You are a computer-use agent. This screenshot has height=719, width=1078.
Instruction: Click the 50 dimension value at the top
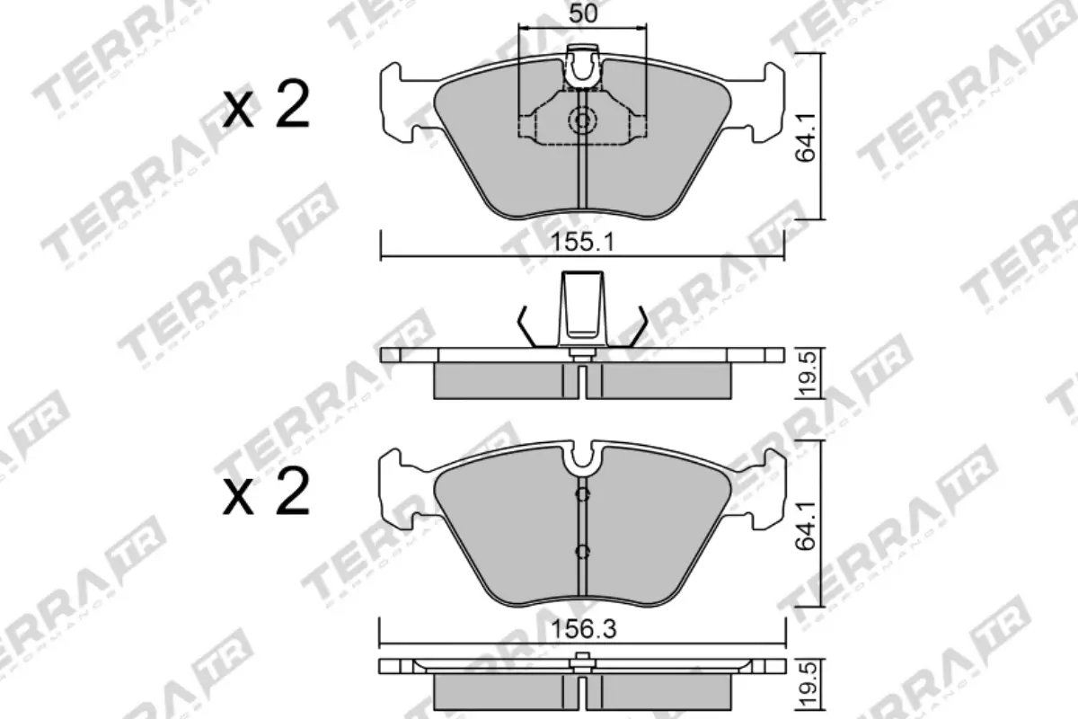coord(583,14)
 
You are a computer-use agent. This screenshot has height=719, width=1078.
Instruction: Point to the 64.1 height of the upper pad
coord(808,136)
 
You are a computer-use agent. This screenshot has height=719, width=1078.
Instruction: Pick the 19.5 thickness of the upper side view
coord(808,373)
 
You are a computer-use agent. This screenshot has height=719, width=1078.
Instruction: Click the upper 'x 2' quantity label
coord(267,106)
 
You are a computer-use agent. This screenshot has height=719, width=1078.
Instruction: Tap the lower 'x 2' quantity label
coord(267,493)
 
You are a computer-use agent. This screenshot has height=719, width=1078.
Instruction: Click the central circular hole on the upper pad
coord(583,120)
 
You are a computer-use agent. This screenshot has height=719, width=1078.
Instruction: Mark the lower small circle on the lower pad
coord(582,551)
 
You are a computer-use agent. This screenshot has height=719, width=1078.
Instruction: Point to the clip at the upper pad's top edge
coord(584,67)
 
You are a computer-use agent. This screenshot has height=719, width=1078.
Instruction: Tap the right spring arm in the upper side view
coord(637,325)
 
